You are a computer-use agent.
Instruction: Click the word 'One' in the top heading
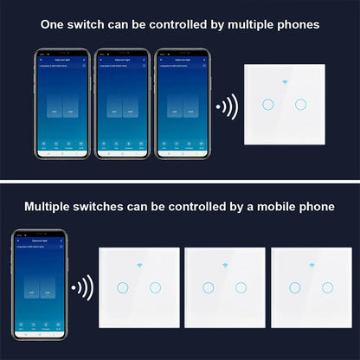point(54,24)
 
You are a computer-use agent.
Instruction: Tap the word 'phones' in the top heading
point(294,24)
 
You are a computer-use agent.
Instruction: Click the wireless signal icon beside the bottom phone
point(82,287)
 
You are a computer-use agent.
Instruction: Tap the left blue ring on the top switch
point(267,105)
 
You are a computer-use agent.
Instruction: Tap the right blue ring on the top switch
point(300,105)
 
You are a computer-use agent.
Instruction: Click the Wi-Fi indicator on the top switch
point(284,86)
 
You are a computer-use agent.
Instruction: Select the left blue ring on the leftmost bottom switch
point(123,287)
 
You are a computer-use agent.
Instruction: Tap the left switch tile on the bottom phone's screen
point(32,292)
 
